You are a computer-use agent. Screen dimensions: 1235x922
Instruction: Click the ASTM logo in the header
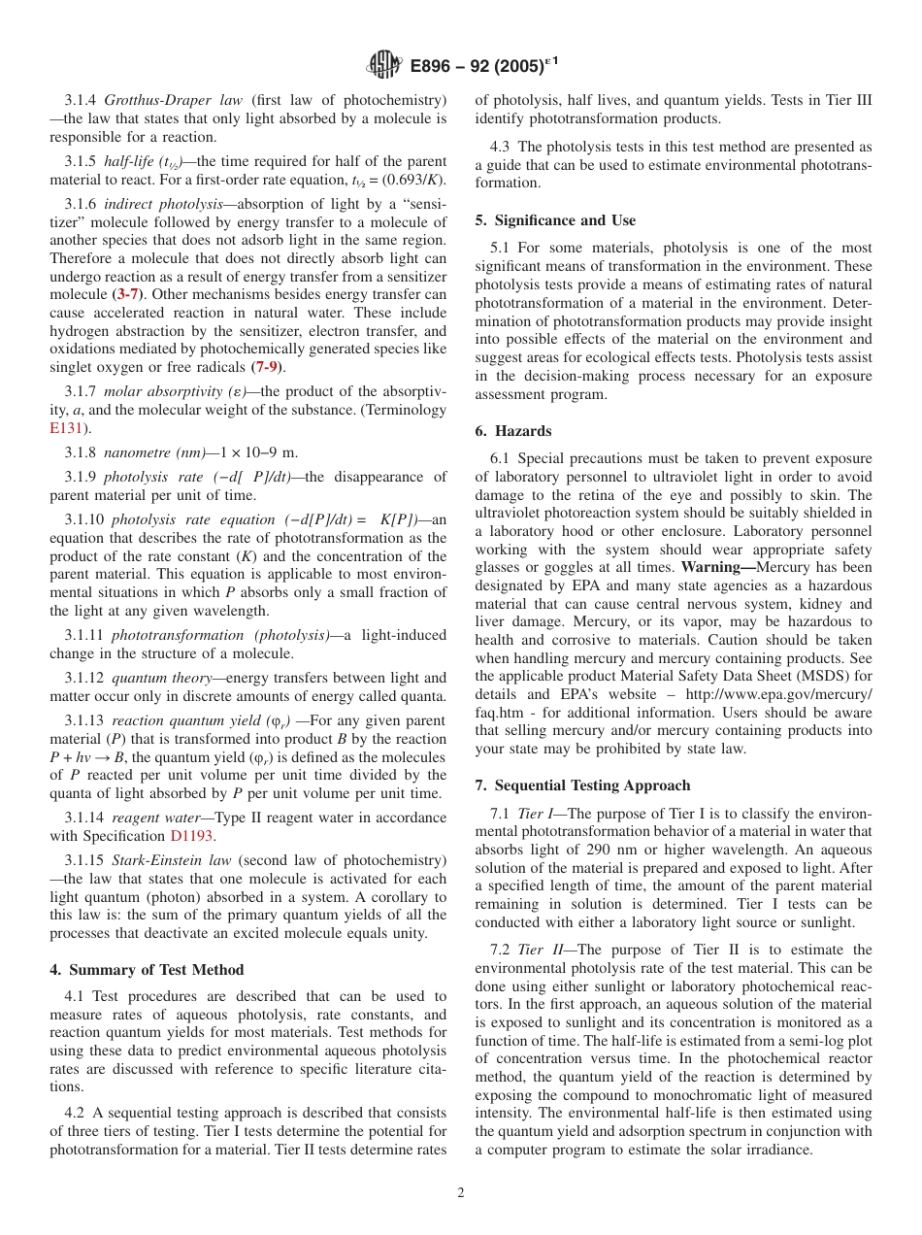[x=385, y=67]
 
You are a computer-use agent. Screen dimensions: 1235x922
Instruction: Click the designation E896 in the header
[x=433, y=67]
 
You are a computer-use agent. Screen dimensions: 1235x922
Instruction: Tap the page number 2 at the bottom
[x=461, y=1193]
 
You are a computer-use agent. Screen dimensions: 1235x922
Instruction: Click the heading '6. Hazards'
[x=513, y=430]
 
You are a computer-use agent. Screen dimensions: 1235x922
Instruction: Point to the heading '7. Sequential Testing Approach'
[x=582, y=785]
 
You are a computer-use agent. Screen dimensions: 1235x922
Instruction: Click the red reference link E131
[x=66, y=426]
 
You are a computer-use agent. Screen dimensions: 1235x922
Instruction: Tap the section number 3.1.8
[x=82, y=452]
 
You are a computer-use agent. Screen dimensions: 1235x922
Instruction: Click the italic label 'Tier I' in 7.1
[x=536, y=813]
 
